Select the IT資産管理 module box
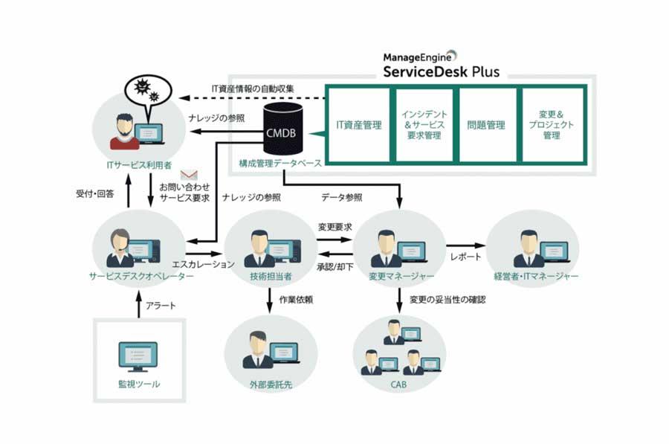358,125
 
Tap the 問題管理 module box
486,125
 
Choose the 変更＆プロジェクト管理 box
551,125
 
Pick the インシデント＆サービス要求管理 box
422,125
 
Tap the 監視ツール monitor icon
138,356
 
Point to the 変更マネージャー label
401,276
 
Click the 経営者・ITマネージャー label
536,276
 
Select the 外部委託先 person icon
269,348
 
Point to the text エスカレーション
203,264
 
